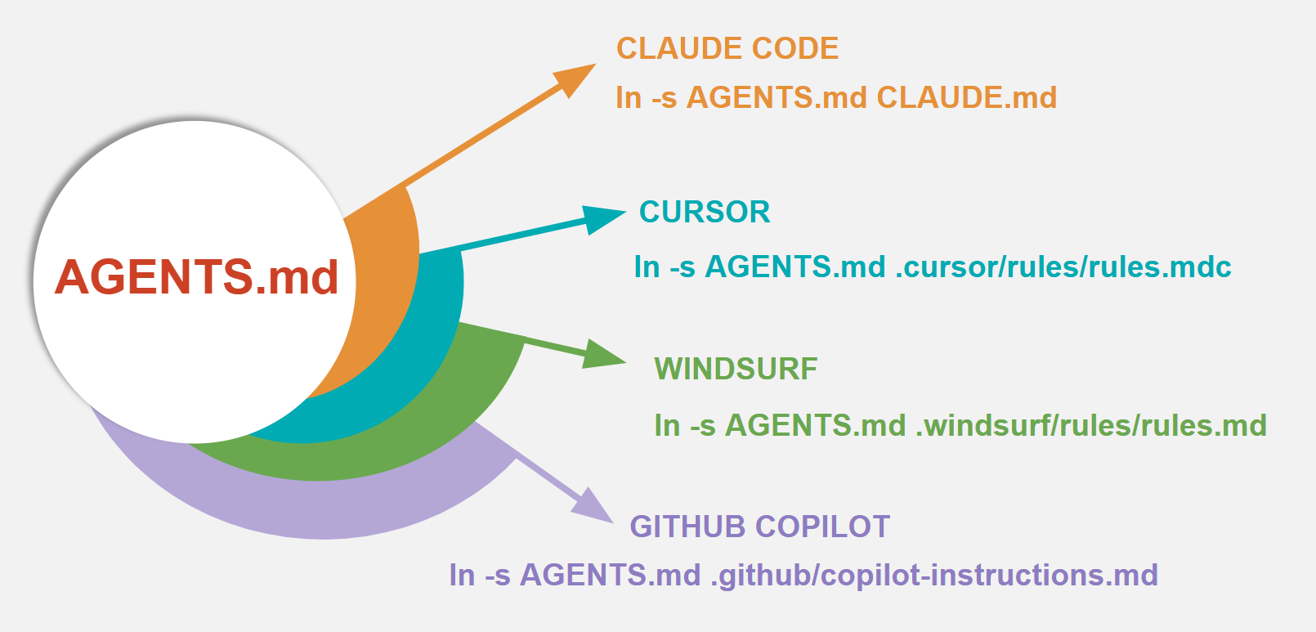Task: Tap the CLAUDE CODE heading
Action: pos(727,48)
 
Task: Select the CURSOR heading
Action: pos(705,212)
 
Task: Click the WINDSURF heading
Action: pos(736,369)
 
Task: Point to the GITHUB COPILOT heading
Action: pos(759,527)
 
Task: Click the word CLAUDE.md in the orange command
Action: pos(966,97)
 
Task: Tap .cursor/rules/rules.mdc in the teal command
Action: pos(1063,267)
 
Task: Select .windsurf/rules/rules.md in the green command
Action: pos(1090,425)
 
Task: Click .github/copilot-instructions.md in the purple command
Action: pos(933,575)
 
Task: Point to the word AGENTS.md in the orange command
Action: pos(776,97)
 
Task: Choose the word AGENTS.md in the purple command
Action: pos(610,575)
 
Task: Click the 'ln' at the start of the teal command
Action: pos(647,267)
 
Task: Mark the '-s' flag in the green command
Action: pos(702,425)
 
